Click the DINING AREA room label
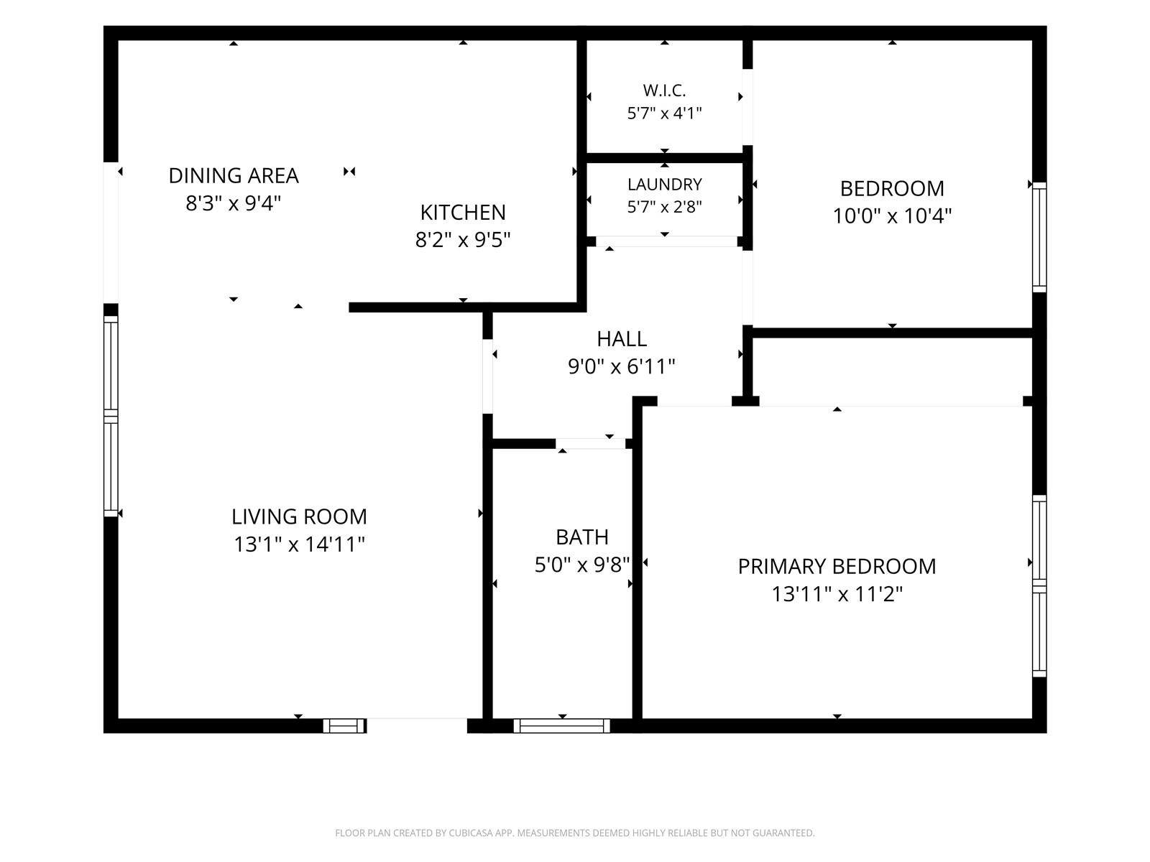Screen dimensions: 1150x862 [234, 176]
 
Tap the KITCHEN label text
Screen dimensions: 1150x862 [463, 213]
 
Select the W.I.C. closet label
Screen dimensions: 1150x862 [664, 91]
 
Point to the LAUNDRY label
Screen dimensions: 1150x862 [664, 184]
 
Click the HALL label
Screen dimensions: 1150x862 [622, 339]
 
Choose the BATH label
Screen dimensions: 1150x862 [582, 537]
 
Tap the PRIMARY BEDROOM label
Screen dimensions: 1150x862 [837, 566]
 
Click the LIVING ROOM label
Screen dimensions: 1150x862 [299, 516]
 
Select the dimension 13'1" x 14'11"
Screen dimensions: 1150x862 [299, 544]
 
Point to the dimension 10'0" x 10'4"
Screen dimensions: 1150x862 [892, 215]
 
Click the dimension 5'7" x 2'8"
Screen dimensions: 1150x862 [664, 207]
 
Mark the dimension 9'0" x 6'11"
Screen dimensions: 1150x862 [622, 366]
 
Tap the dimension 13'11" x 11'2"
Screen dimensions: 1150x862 [837, 594]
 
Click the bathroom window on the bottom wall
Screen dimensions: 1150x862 [561, 726]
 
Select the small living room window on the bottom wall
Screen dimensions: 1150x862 [344, 726]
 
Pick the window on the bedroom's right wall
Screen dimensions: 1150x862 [1039, 237]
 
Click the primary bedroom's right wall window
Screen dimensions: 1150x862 [1039, 585]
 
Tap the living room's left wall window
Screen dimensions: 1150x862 [111, 416]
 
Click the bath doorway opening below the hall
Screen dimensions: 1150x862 [591, 444]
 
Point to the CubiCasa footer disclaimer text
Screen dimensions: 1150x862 [575, 833]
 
